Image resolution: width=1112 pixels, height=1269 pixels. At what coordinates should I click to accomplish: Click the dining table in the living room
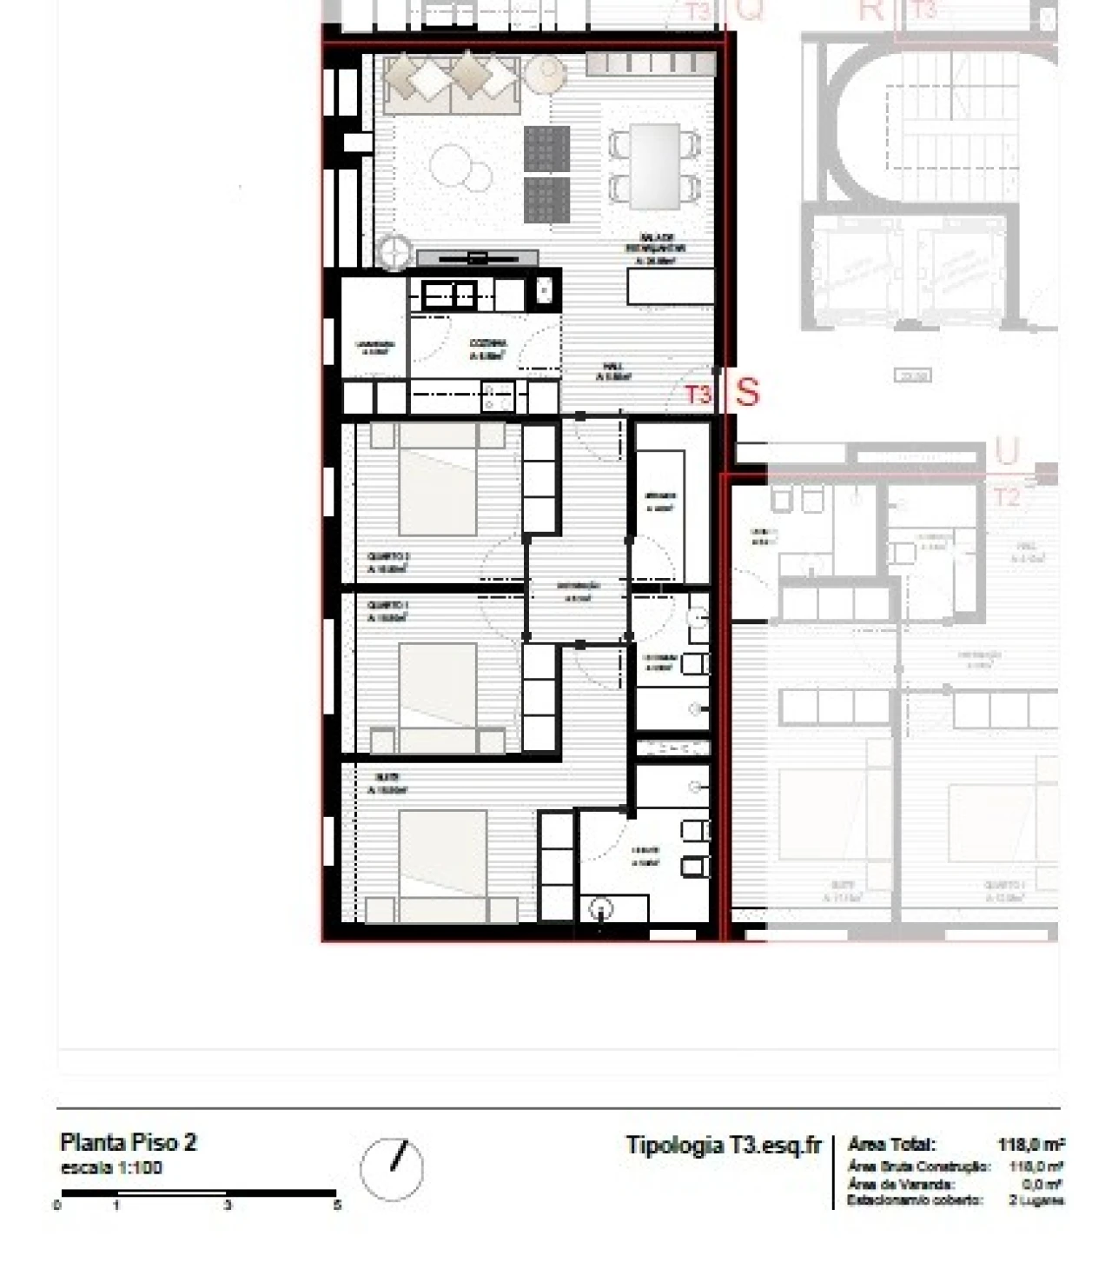point(655,166)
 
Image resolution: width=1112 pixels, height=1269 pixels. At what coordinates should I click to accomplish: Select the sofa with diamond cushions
point(451,83)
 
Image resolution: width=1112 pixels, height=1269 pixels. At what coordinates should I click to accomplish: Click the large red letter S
point(746,392)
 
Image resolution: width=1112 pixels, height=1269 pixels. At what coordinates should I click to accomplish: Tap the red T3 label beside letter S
point(698,395)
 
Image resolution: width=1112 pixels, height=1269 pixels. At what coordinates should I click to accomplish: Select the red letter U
point(1006,452)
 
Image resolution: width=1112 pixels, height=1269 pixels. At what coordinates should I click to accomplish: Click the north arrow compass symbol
point(392,1169)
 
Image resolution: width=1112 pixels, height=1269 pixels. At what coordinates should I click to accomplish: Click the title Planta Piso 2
point(129,1142)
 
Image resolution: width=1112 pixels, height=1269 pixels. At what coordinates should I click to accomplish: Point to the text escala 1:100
point(111,1167)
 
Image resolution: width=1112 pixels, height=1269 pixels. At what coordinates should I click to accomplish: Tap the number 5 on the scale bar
point(337,1205)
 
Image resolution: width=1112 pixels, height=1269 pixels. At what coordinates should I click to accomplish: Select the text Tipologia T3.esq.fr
point(723,1145)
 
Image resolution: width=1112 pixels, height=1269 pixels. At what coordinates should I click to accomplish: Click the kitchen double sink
point(449,296)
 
